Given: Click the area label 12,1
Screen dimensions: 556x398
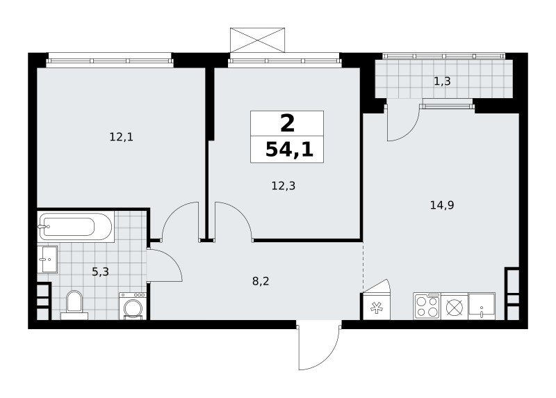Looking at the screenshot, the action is [x=121, y=136].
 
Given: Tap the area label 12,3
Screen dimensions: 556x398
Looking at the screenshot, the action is [x=284, y=185].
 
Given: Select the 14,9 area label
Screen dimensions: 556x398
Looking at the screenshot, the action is [x=442, y=205].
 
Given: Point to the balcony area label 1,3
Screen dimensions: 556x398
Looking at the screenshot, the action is [x=442, y=81].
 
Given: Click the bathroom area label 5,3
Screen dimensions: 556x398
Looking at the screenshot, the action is [x=100, y=272].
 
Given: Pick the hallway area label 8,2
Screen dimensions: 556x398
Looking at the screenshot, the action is [x=261, y=282].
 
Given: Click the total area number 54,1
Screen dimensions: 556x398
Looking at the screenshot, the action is [x=289, y=150].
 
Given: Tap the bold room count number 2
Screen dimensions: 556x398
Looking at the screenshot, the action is [x=287, y=124].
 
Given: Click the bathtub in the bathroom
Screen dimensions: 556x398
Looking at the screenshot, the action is [x=76, y=227].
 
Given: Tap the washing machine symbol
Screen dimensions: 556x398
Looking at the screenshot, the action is [x=133, y=306].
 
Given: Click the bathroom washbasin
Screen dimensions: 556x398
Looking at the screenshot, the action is [x=47, y=259].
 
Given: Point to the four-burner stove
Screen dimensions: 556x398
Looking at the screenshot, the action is [x=427, y=306].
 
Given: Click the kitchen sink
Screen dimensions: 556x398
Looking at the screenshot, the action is [x=482, y=306].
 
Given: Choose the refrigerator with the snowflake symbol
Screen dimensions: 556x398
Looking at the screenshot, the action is [x=375, y=302].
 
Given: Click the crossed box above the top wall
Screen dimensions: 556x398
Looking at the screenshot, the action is [x=257, y=40].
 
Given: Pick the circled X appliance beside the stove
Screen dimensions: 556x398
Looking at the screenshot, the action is [x=455, y=306].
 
